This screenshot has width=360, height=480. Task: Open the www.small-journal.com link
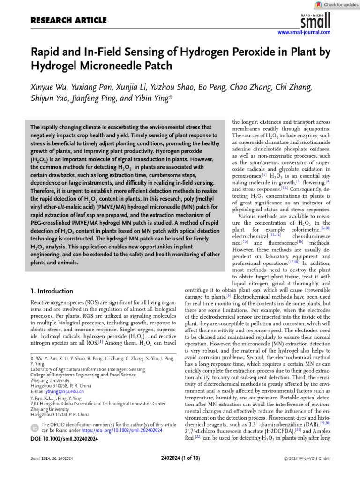[304, 32]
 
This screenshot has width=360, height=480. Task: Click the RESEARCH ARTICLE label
[68, 20]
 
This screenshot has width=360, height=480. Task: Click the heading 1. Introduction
[52, 291]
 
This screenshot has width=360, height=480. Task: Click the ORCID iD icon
[35, 427]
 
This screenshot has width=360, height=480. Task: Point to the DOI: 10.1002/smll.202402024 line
[64, 439]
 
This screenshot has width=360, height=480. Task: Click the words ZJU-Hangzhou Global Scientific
[66, 403]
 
